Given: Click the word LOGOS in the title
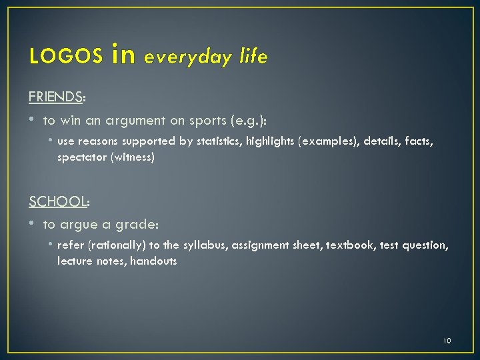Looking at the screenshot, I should (65, 58).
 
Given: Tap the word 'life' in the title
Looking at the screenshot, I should (253, 58).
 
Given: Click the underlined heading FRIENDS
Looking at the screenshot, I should (55, 97).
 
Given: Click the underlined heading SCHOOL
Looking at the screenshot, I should (58, 201).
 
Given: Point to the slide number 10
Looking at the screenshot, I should (447, 341).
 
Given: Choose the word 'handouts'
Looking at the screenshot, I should (154, 261).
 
